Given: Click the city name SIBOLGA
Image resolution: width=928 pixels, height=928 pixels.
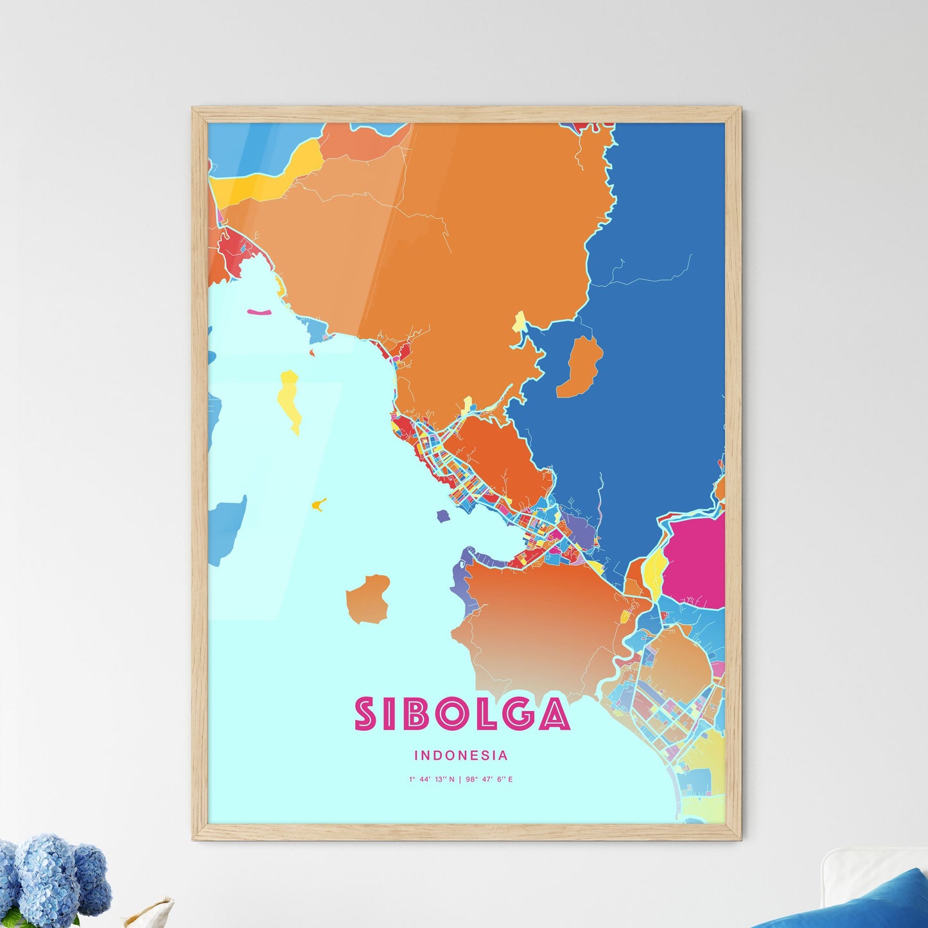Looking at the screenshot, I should [462, 714].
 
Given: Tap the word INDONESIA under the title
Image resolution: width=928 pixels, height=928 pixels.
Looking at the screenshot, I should [461, 756].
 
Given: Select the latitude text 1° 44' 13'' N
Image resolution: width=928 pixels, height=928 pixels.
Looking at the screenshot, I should [432, 780].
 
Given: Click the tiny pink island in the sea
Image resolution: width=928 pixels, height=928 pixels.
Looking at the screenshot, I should [259, 312].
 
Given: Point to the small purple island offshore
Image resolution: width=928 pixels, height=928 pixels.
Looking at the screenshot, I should [442, 515].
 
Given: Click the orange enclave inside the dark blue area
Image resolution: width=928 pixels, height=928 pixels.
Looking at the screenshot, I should [581, 367].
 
